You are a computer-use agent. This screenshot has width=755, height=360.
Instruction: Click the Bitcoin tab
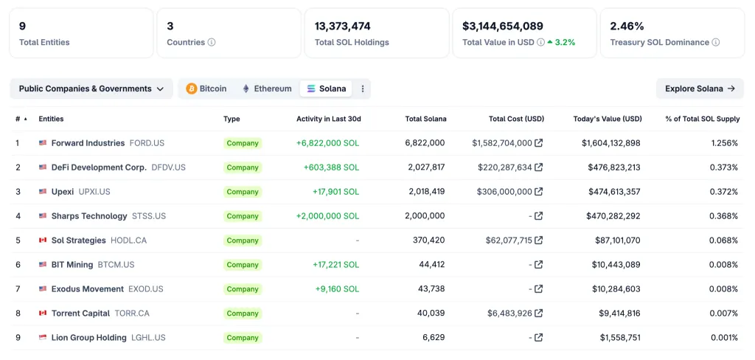(x=206, y=89)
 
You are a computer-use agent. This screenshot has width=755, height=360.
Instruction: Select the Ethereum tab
(x=267, y=89)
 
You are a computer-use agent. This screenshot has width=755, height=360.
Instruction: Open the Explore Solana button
(x=700, y=89)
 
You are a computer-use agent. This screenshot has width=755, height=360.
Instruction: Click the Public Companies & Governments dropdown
(x=91, y=89)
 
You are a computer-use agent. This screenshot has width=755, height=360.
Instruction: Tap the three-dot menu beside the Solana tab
(x=363, y=89)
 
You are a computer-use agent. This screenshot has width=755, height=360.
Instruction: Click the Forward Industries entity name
(x=88, y=143)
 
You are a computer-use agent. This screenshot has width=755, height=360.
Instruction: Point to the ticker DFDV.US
(x=168, y=167)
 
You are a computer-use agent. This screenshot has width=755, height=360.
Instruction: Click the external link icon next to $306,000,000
(x=539, y=192)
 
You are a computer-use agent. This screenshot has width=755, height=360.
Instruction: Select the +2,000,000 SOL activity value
(x=327, y=216)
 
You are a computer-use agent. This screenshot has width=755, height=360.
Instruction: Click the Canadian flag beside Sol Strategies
(x=43, y=240)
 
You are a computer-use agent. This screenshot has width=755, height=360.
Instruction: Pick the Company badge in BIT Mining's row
(x=243, y=265)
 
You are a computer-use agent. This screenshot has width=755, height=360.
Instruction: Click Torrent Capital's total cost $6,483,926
(x=509, y=314)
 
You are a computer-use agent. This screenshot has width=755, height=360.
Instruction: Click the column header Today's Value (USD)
(x=608, y=119)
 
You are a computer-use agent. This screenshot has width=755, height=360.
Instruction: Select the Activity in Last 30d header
(x=328, y=119)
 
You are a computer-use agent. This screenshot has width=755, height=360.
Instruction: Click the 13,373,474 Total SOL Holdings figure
(x=343, y=26)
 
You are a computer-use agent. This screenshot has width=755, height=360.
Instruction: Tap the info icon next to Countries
(x=212, y=42)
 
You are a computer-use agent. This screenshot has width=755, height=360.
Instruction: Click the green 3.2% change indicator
(x=562, y=42)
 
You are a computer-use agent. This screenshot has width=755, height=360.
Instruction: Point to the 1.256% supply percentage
(x=724, y=143)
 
